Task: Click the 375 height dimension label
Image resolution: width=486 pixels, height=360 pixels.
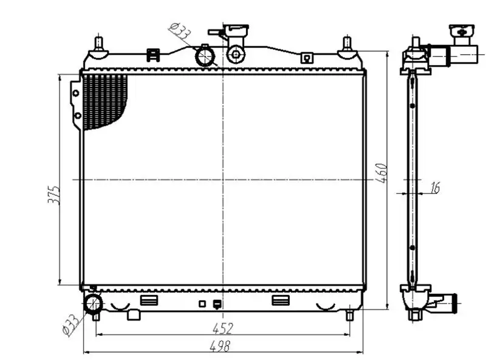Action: tap(53, 195)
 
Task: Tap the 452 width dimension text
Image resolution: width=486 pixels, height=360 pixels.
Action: tap(222, 328)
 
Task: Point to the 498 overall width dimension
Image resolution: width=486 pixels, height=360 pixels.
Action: tap(220, 346)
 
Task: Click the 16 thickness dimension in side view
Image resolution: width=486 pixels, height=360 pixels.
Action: tap(435, 188)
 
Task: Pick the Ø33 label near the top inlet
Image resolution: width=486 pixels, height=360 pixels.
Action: tap(179, 31)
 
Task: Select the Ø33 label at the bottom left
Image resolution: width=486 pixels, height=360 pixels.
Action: tap(70, 325)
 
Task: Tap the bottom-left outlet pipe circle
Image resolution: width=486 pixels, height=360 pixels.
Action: tap(93, 305)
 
